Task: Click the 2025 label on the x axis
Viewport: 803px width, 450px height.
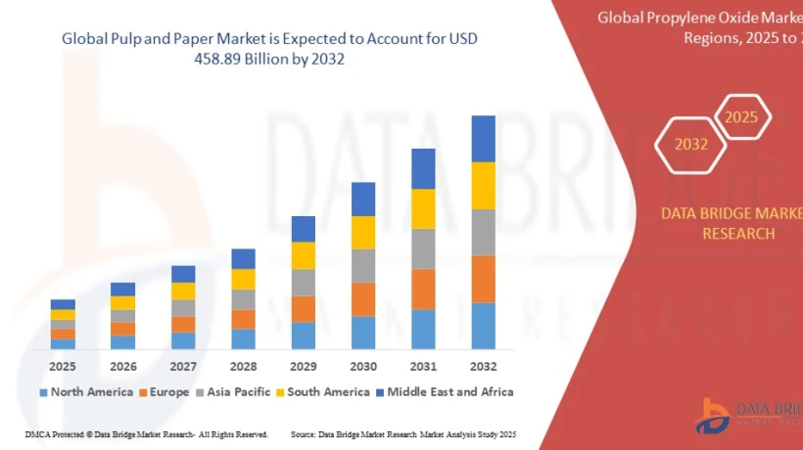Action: pyautogui.click(x=63, y=367)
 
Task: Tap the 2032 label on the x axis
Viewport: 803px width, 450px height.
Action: pyautogui.click(x=483, y=367)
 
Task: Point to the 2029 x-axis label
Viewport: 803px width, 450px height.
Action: pyautogui.click(x=304, y=367)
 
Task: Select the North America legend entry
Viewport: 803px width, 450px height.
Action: pyautogui.click(x=86, y=392)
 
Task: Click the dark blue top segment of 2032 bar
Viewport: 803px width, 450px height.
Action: pyautogui.click(x=483, y=138)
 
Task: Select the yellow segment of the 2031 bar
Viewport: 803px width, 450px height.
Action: pyautogui.click(x=423, y=208)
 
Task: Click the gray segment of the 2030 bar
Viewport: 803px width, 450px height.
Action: pyautogui.click(x=363, y=265)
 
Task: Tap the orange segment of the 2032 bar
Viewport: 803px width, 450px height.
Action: pyautogui.click(x=483, y=279)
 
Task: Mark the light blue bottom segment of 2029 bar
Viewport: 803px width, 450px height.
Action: pyautogui.click(x=304, y=336)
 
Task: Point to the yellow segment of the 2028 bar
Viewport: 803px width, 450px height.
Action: pyautogui.click(x=243, y=279)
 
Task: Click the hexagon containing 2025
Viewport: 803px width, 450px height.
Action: pyautogui.click(x=741, y=117)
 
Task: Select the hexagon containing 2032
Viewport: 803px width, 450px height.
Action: pyautogui.click(x=690, y=144)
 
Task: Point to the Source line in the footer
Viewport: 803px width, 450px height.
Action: pyautogui.click(x=402, y=433)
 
